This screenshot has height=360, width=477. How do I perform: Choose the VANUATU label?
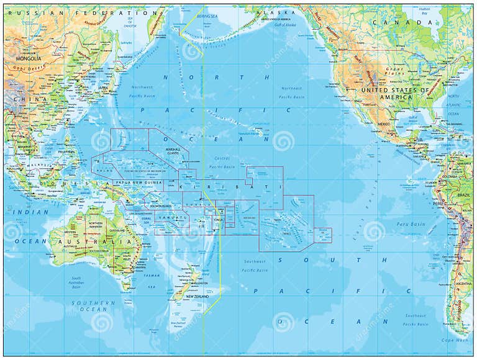point(168,218)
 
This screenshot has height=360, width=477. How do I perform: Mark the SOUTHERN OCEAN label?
point(93,306)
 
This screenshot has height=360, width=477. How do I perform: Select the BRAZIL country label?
point(463,195)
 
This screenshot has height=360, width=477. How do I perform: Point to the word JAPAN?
point(104,88)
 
